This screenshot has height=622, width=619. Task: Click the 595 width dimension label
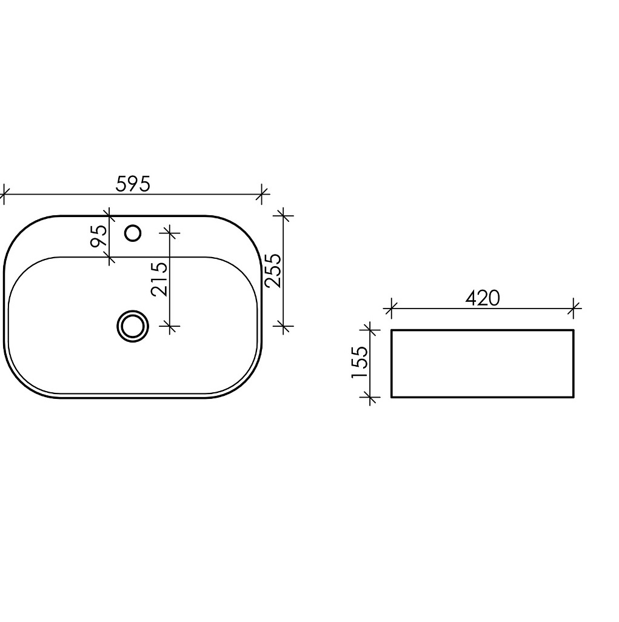coord(133,184)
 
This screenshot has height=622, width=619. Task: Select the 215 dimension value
coord(159,279)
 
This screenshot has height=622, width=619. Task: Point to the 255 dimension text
coord(273,270)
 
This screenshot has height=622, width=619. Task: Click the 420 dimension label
coord(483,298)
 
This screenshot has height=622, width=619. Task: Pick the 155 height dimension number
coord(360,362)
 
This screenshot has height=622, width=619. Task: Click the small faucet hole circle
coord(133,233)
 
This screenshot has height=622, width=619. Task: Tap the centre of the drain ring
coord(133,326)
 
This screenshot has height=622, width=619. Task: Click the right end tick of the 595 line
coord(261,195)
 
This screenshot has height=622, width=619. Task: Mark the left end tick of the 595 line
coord(4,195)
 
